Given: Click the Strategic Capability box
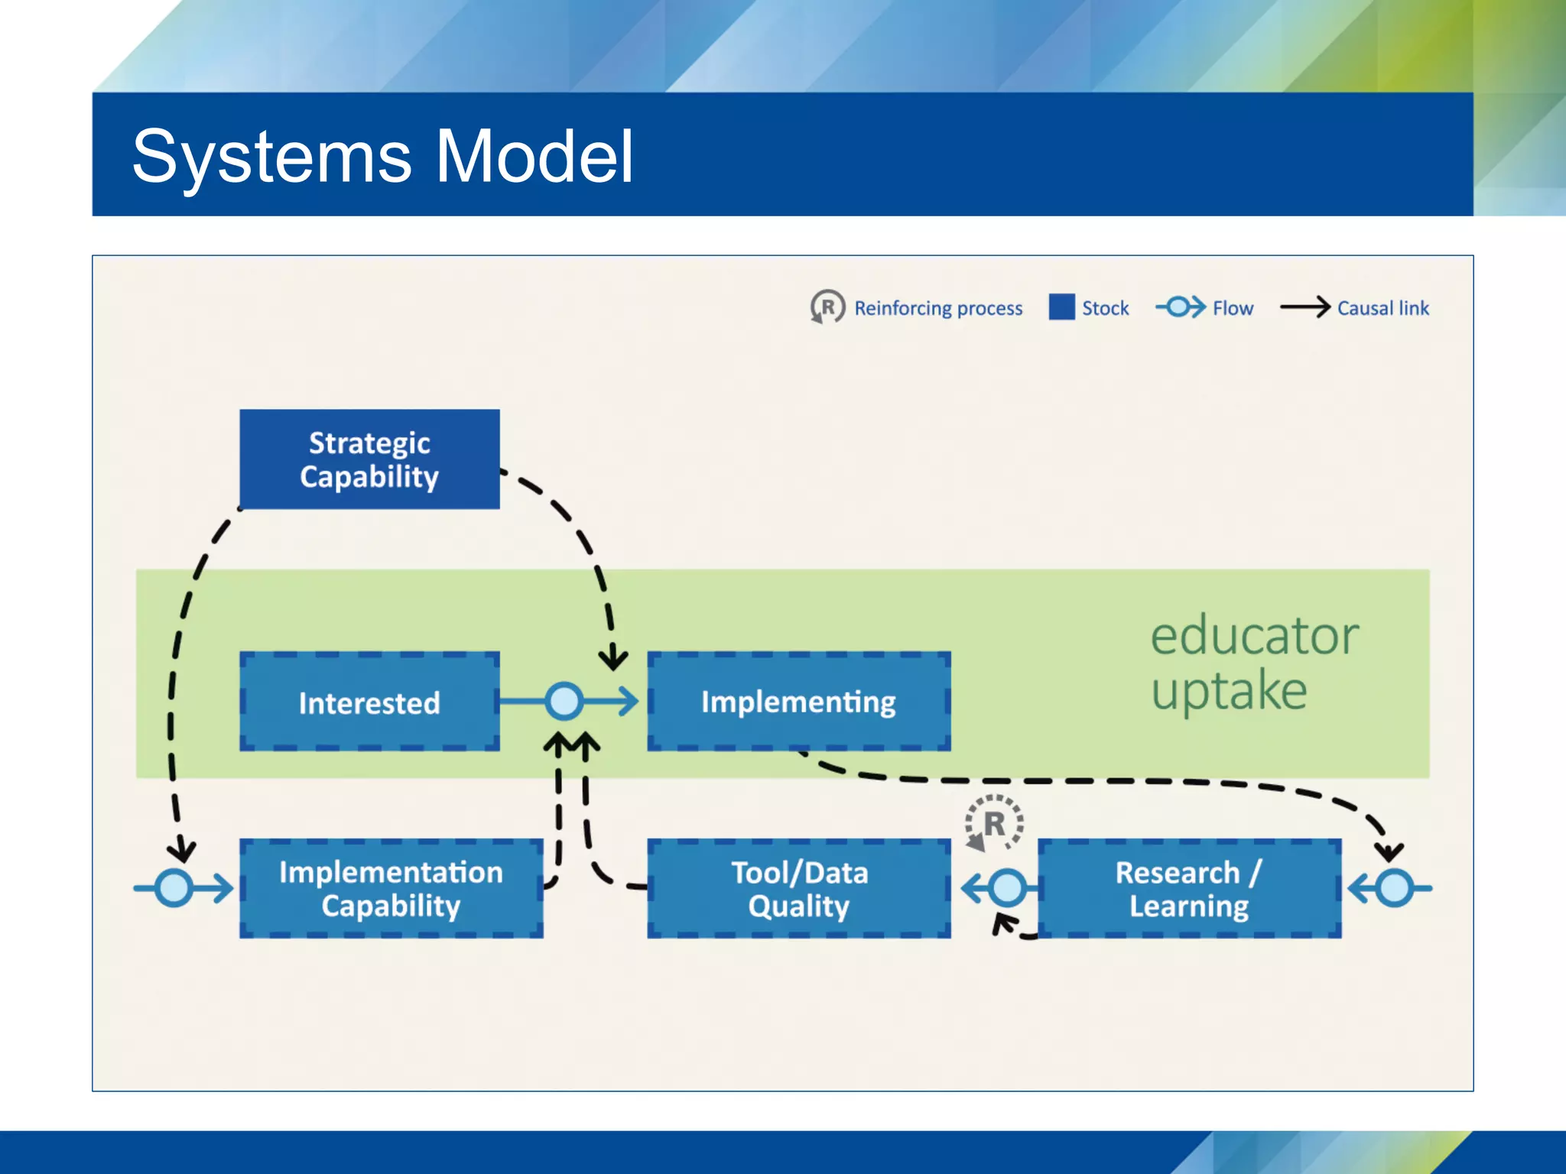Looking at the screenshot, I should (369, 459).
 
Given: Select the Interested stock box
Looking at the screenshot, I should (369, 702).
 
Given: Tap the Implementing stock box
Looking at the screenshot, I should (798, 702).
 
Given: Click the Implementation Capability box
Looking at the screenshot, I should (391, 888).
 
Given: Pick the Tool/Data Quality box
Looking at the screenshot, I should (798, 888).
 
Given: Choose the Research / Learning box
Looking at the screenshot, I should (1189, 888).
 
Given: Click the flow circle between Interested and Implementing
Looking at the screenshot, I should (564, 701).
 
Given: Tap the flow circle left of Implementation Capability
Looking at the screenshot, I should (174, 888).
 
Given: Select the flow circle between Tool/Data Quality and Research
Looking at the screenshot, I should (1007, 888).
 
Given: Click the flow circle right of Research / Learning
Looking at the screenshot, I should (1394, 888).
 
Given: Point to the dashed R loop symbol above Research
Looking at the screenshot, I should (993, 824).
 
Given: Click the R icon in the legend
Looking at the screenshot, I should (827, 307).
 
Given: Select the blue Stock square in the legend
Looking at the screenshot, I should (1061, 307).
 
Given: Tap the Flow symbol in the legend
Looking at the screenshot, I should (1180, 307).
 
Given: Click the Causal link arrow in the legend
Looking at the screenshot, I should (1304, 307).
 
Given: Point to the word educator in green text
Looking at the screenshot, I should (1254, 636).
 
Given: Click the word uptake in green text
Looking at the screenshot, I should (1229, 691).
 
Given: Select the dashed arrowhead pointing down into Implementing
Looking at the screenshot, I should (612, 659).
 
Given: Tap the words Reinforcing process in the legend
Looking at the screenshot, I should (938, 308).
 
